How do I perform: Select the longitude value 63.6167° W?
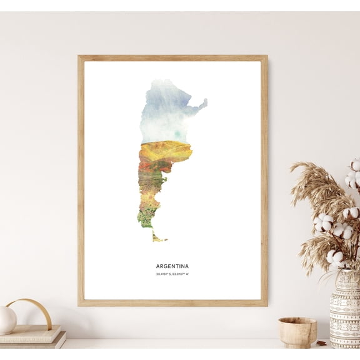point(180,274)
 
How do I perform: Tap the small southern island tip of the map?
point(158,237)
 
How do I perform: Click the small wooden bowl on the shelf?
point(297,332)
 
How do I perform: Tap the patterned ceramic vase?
point(344,312)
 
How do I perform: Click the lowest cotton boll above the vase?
point(336,256)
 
